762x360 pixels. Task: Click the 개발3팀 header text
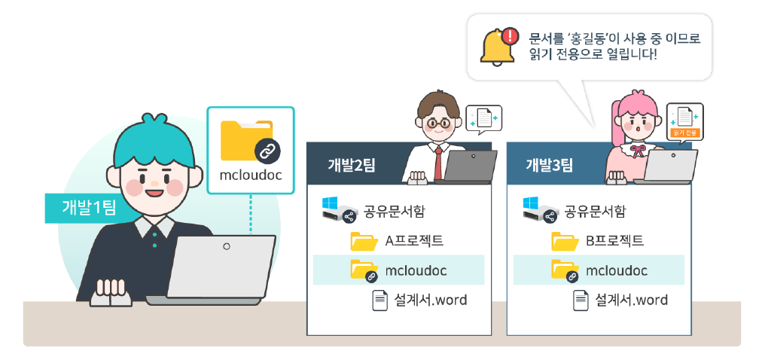click(550, 165)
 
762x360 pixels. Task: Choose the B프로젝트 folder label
click(614, 242)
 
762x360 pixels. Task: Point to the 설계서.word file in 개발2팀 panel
click(430, 300)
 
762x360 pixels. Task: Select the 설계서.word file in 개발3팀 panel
click(631, 300)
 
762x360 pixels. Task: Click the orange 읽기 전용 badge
click(684, 133)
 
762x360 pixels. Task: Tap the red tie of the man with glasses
click(437, 160)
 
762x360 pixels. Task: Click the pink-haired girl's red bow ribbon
click(639, 148)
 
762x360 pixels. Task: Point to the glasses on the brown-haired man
click(434, 122)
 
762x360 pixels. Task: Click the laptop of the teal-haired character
click(218, 267)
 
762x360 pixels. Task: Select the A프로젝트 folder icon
click(364, 242)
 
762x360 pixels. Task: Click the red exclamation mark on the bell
click(510, 35)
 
